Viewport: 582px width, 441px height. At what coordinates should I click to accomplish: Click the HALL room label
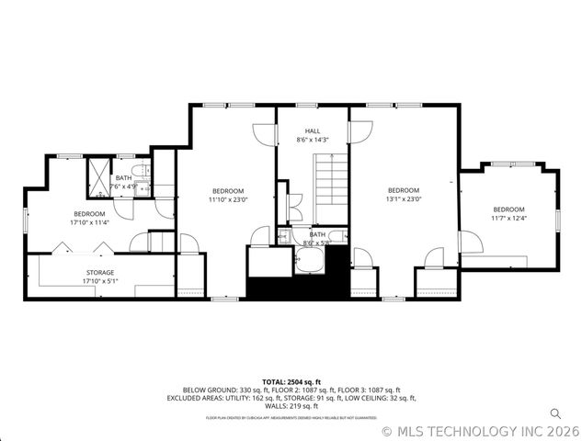pyautogui.click(x=313, y=131)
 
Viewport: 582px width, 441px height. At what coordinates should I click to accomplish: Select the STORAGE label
pyautogui.click(x=100, y=273)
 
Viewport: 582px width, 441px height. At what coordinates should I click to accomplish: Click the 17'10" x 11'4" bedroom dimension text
pyautogui.click(x=89, y=222)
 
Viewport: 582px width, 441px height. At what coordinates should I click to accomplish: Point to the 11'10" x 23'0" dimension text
pyautogui.click(x=228, y=198)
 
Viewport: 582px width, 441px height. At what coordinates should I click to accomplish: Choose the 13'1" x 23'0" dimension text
pyautogui.click(x=402, y=198)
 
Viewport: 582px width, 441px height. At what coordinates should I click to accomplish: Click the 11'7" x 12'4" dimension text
pyautogui.click(x=508, y=218)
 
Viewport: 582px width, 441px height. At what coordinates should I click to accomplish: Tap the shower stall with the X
pyautogui.click(x=97, y=177)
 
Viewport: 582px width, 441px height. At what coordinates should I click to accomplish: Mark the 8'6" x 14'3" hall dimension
pyautogui.click(x=313, y=140)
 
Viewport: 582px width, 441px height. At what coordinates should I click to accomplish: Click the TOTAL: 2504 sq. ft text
pyautogui.click(x=291, y=381)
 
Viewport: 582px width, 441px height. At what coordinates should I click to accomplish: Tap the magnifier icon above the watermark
pyautogui.click(x=555, y=413)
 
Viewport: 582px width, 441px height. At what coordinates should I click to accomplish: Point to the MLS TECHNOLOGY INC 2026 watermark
pyautogui.click(x=481, y=430)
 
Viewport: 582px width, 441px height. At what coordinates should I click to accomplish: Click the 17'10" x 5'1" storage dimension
pyautogui.click(x=100, y=281)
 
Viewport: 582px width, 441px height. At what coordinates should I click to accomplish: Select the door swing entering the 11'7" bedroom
pyautogui.click(x=470, y=243)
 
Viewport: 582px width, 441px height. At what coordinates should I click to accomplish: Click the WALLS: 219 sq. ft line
pyautogui.click(x=291, y=406)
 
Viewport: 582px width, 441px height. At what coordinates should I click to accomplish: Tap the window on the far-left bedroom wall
pyautogui.click(x=26, y=221)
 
